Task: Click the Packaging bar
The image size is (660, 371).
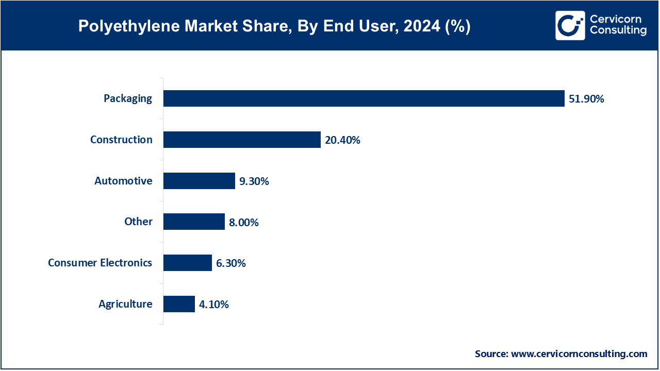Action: pyautogui.click(x=364, y=98)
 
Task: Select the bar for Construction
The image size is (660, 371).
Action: pyautogui.click(x=242, y=140)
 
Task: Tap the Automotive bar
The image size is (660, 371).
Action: pyautogui.click(x=199, y=181)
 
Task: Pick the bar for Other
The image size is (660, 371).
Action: pyautogui.click(x=194, y=222)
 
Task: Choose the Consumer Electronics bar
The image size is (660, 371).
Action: pyautogui.click(x=188, y=263)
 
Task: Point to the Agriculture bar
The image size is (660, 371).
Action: pyautogui.click(x=179, y=304)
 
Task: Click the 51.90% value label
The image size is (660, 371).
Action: pyautogui.click(x=586, y=99)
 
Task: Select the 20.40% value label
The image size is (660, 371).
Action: pyautogui.click(x=342, y=140)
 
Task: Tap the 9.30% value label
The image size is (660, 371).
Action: pyautogui.click(x=254, y=181)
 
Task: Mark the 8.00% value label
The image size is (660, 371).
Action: pyautogui.click(x=243, y=223)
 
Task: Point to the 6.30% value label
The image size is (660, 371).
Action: pyautogui.click(x=230, y=263)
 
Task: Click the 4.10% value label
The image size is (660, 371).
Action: pyautogui.click(x=213, y=305)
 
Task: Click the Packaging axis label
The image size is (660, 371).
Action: pyautogui.click(x=128, y=98)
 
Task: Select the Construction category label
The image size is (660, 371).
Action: pyautogui.click(x=121, y=140)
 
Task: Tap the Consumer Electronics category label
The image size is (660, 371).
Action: pyautogui.click(x=100, y=263)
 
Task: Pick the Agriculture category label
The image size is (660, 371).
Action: pyautogui.click(x=125, y=304)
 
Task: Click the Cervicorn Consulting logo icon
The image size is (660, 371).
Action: pyautogui.click(x=570, y=25)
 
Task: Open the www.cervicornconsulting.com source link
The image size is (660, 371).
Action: pyautogui.click(x=579, y=354)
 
